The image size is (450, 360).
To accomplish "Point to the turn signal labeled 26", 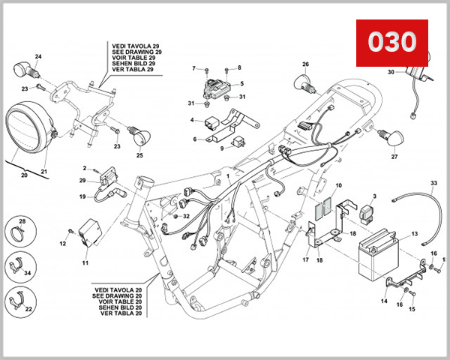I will click(304, 82).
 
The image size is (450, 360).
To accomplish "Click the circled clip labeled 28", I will click(22, 233).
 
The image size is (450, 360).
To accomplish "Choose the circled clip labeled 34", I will click(22, 267).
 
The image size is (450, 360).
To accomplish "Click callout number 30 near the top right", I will click(390, 73).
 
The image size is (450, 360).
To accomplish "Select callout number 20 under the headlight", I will click(23, 175).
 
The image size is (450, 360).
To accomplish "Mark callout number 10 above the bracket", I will click(338, 184).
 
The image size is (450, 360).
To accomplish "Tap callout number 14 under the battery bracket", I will click(384, 301).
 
